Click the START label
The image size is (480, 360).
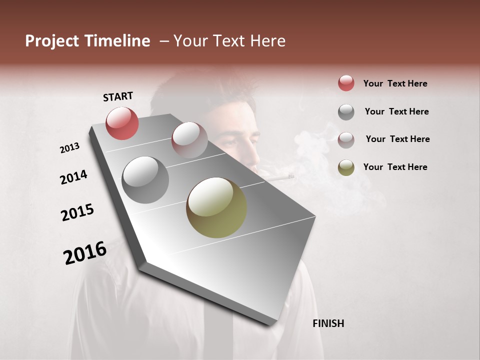[x=118, y=96]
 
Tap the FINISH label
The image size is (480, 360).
[x=328, y=323]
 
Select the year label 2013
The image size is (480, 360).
[x=69, y=148]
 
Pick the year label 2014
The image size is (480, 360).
[x=73, y=177]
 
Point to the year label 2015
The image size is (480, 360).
[x=77, y=212]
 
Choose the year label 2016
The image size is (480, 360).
[x=85, y=252]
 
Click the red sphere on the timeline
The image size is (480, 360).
[x=122, y=123]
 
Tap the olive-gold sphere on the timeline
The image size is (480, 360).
[x=216, y=207]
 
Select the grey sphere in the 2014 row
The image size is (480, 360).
[x=145, y=180]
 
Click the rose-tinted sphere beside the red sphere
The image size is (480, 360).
[x=189, y=140]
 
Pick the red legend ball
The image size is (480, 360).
[x=346, y=83]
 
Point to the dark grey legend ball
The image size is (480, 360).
[x=346, y=112]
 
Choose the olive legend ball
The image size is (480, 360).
[x=346, y=167]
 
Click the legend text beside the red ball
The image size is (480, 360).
[x=395, y=83]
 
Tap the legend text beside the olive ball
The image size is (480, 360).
[x=395, y=167]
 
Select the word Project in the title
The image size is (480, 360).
[x=52, y=41]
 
